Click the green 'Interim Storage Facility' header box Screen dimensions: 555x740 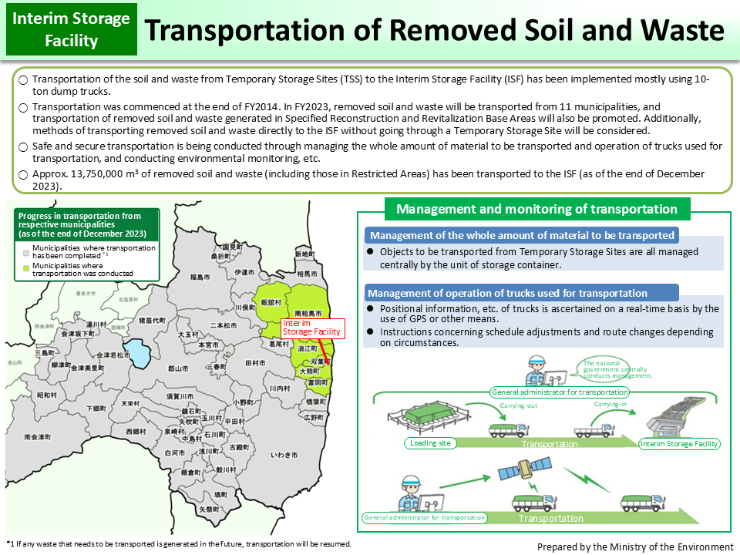[72, 29]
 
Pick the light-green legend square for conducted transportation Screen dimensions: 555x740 [25, 266]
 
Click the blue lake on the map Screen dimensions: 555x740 [139, 353]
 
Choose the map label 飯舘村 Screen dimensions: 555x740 [271, 303]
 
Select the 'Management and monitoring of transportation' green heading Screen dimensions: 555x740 [536, 209]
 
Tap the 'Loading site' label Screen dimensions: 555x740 [428, 443]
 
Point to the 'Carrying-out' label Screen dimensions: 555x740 [518, 405]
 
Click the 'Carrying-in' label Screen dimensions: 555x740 [609, 404]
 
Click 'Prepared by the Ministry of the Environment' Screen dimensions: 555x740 [634, 547]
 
